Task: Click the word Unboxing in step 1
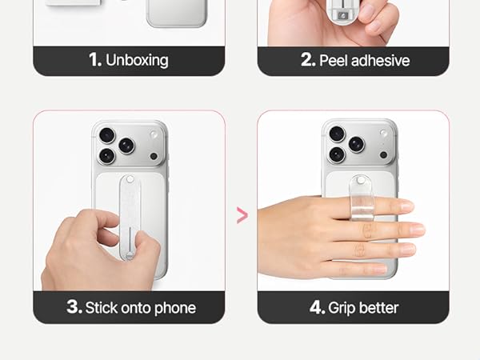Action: tap(137, 60)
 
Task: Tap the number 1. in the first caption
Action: tap(95, 59)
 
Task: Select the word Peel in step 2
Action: tap(334, 60)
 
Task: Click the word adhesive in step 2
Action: tap(381, 60)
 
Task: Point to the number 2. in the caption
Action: tap(308, 59)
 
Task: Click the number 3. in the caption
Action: tap(74, 306)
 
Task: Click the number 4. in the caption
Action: tap(317, 307)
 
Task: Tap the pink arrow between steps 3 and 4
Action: tap(242, 215)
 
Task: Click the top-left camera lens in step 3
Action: tap(107, 135)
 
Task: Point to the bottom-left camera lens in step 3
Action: tap(107, 156)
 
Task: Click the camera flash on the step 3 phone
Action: tap(153, 134)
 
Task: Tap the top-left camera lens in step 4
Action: tap(337, 134)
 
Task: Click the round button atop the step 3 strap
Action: tap(130, 179)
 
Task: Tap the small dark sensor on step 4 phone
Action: tap(383, 155)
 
